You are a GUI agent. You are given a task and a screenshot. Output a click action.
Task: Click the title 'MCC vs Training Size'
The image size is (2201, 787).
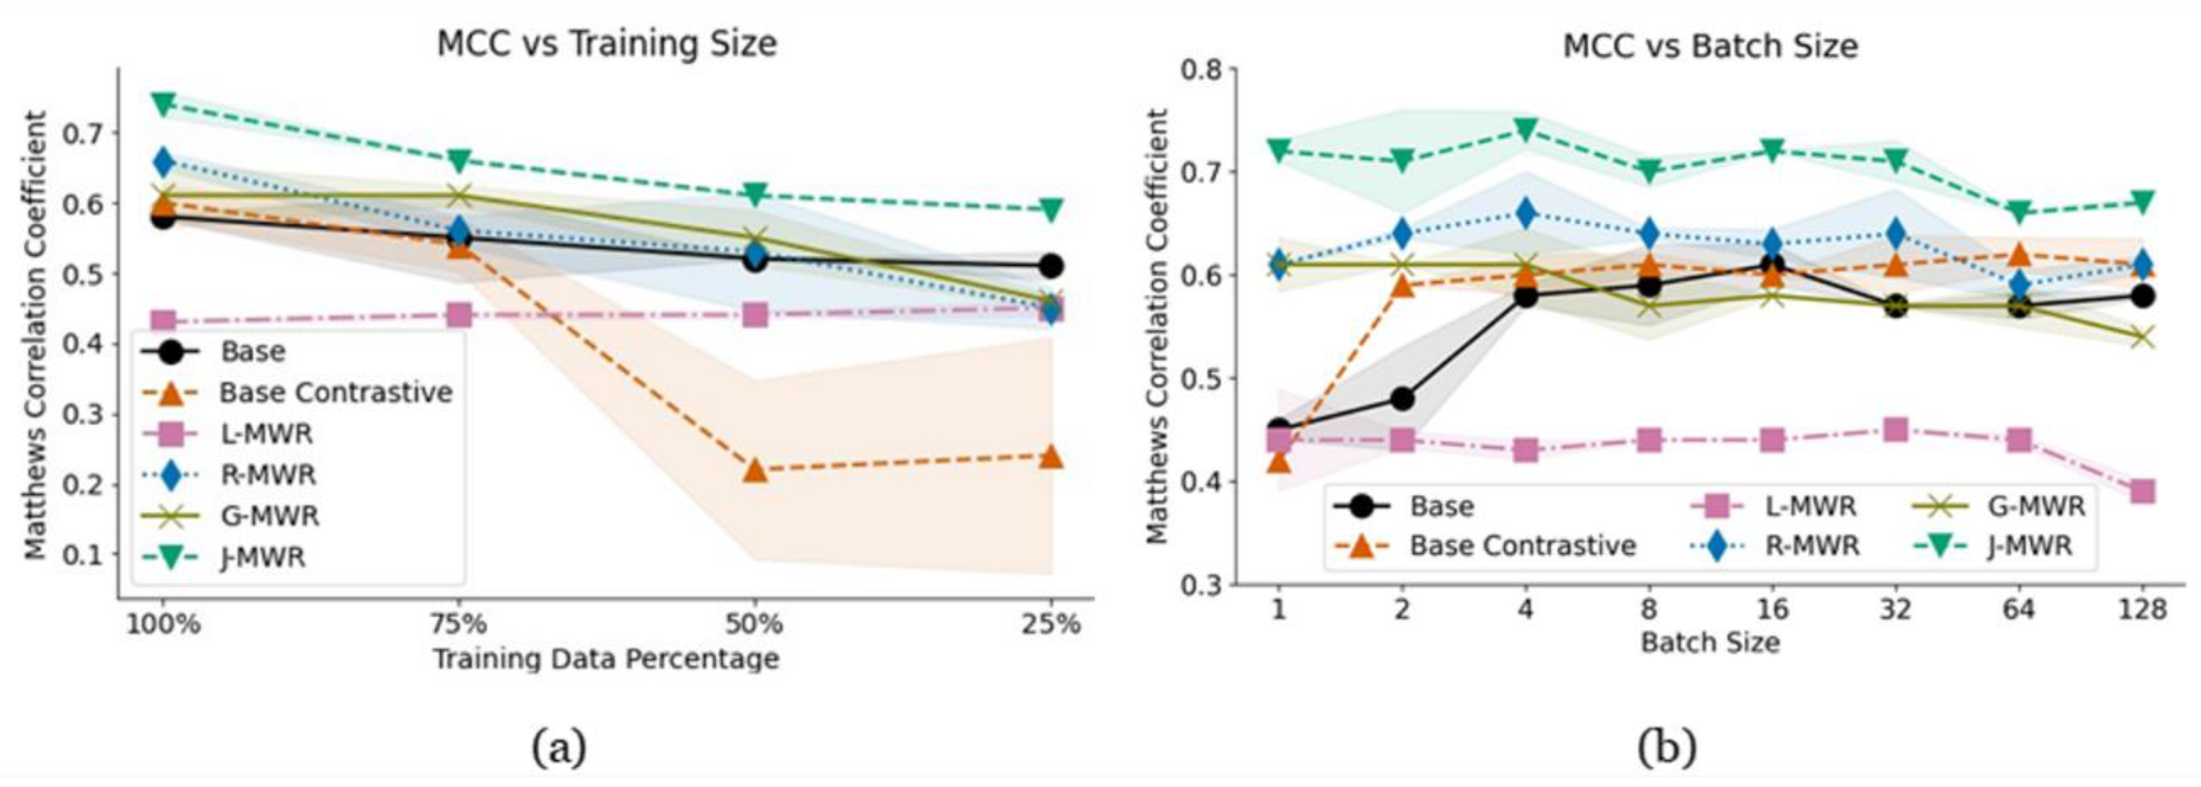(607, 44)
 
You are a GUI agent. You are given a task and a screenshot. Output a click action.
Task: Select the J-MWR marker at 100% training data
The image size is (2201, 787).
(164, 104)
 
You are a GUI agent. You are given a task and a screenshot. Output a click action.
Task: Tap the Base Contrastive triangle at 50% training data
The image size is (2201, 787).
(755, 469)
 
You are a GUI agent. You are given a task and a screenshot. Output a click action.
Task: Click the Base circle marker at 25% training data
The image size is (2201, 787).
(1051, 266)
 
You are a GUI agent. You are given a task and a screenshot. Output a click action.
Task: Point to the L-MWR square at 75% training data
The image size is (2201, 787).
(459, 314)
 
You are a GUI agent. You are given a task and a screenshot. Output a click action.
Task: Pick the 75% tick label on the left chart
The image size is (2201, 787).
(459, 623)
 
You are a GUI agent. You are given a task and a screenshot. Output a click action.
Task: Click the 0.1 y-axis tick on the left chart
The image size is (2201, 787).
(82, 555)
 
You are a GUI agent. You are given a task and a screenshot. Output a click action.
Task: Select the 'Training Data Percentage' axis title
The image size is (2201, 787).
(606, 659)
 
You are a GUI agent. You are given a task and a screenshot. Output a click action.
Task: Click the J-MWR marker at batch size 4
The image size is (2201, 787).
(1526, 129)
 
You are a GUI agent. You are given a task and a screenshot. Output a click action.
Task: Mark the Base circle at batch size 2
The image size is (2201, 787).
(1402, 399)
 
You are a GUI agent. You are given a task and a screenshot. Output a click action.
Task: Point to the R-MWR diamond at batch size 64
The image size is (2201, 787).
(2019, 285)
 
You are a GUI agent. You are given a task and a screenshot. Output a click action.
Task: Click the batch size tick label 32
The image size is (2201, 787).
(1895, 610)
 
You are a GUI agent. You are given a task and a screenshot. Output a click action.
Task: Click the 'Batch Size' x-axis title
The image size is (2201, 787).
(1711, 642)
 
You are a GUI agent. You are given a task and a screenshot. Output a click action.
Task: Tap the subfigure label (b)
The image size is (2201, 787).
(1667, 748)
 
